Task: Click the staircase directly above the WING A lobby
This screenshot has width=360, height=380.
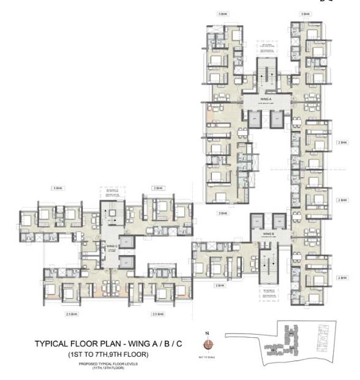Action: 261,76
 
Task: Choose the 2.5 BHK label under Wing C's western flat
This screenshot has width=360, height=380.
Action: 72,314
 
